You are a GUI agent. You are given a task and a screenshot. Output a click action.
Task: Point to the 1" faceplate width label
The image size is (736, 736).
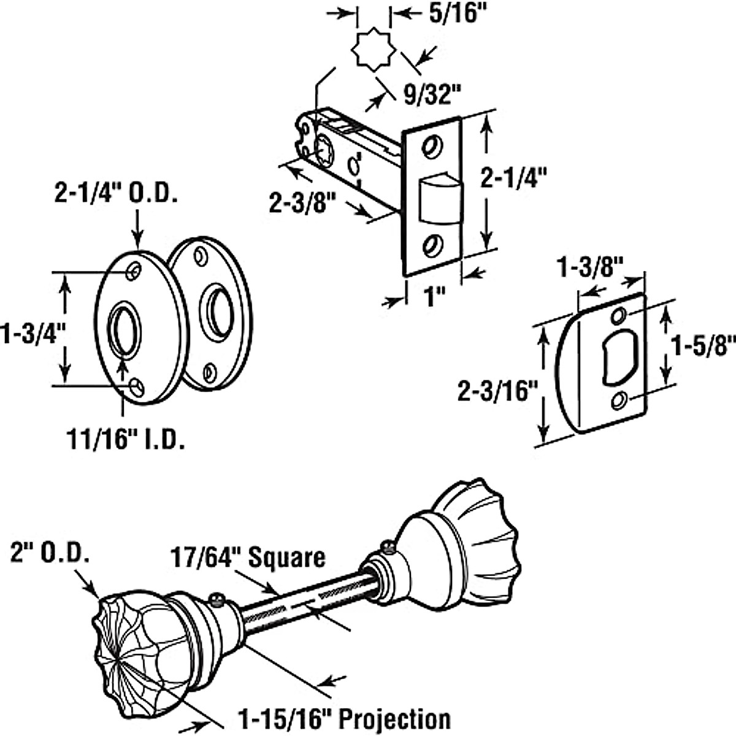click(431, 296)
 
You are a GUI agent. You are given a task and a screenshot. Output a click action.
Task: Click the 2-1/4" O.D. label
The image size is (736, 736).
click(116, 194)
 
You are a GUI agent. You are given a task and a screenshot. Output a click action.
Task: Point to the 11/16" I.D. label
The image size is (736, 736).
click(125, 439)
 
